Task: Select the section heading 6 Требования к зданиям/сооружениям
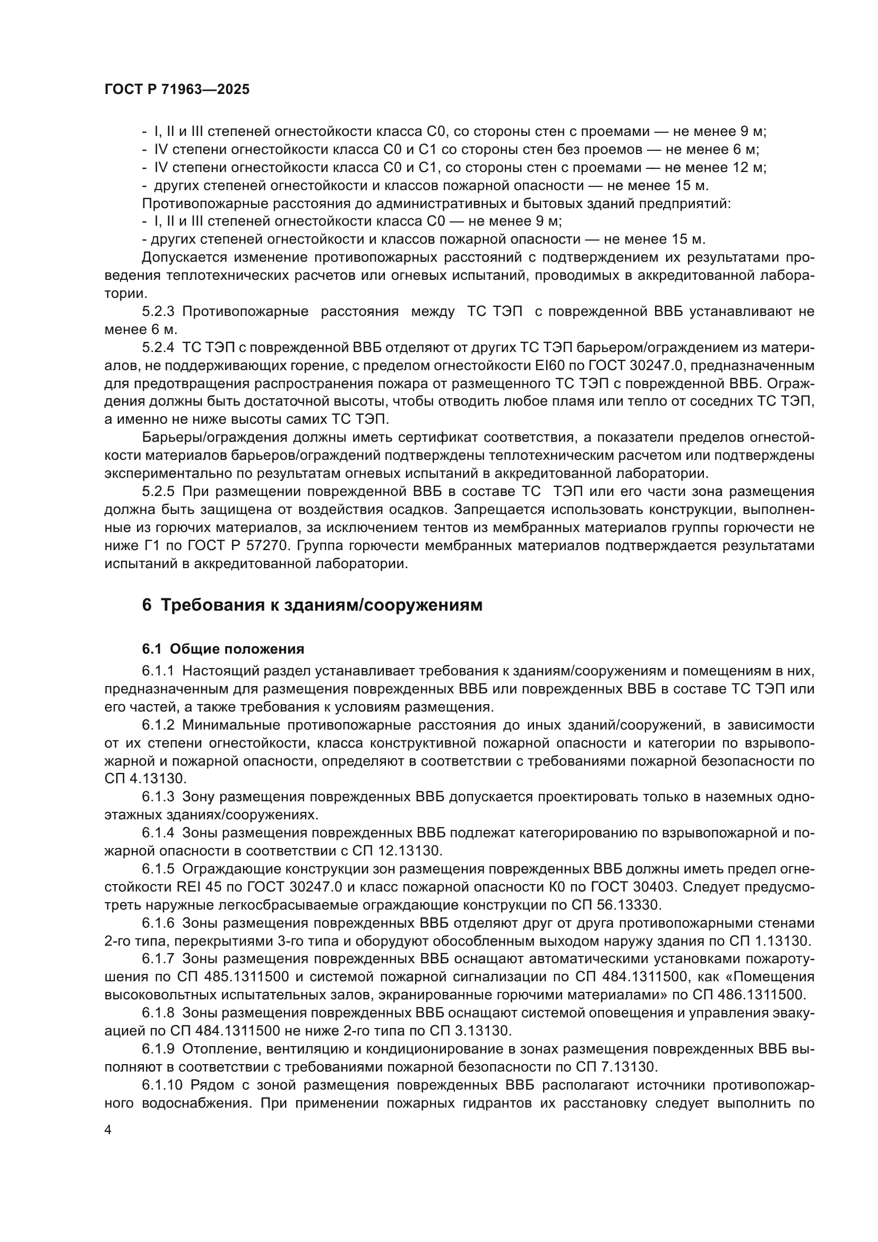coord(312,605)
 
